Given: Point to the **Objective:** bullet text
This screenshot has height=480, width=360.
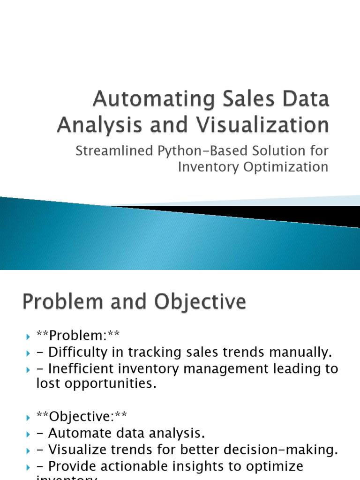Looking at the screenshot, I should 82,416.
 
